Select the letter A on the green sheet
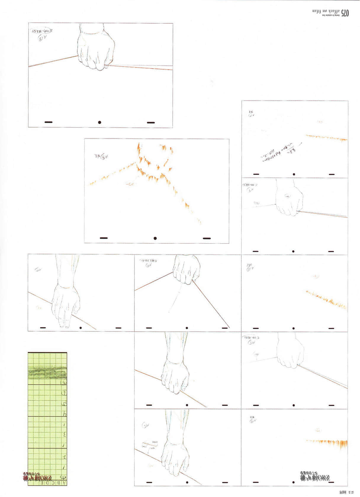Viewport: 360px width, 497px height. tap(65, 483)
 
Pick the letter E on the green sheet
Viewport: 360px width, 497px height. tap(42, 483)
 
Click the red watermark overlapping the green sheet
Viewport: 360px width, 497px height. tap(38, 477)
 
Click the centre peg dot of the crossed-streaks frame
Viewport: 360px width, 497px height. tap(155, 238)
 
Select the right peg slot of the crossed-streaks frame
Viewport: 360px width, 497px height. tap(207, 238)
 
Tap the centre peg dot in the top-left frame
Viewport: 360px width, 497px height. tap(100, 122)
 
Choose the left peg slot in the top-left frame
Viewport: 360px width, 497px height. tap(48, 122)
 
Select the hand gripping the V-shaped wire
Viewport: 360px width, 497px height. tap(187, 269)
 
